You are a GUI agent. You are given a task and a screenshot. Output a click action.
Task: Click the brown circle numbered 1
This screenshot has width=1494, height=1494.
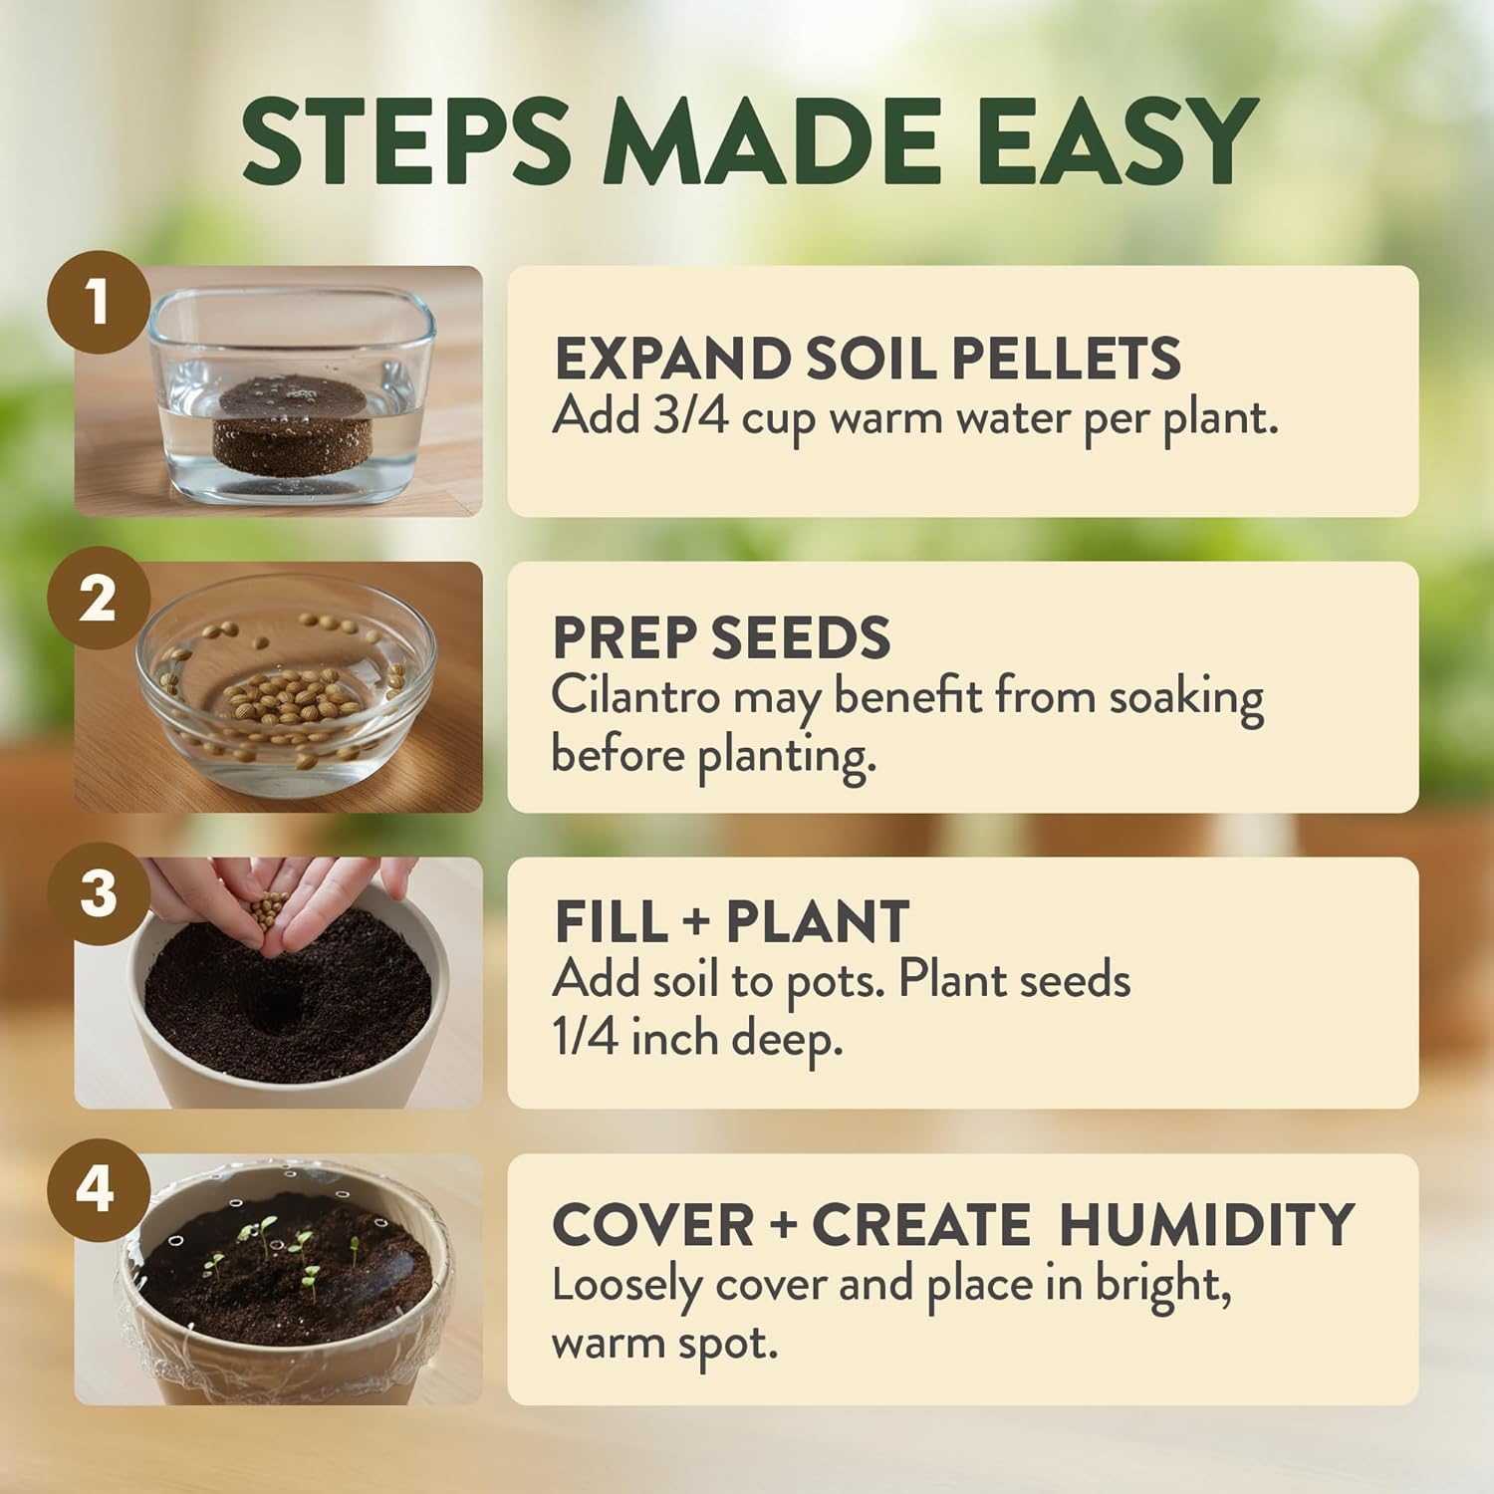(x=97, y=302)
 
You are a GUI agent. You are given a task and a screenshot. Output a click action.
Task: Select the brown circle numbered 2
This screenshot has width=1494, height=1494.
(x=98, y=599)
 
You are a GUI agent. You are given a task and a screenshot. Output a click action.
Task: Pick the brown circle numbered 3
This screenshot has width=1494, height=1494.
(x=98, y=893)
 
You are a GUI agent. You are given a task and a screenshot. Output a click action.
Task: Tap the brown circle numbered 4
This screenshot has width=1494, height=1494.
(x=97, y=1189)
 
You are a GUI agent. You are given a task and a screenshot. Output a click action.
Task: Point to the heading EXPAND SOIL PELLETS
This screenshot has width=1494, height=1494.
(x=867, y=359)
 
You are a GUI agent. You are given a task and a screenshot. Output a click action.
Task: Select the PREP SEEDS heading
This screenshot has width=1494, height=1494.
(x=721, y=637)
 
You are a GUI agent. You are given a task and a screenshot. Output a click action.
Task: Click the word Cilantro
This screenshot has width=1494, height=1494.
(x=634, y=696)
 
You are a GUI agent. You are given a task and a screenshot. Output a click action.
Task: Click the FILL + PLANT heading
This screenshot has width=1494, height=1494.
(x=731, y=921)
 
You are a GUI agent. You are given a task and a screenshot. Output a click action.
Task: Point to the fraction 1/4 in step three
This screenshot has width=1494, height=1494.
(x=585, y=1039)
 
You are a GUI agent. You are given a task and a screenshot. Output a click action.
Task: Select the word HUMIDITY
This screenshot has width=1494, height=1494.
(x=1206, y=1225)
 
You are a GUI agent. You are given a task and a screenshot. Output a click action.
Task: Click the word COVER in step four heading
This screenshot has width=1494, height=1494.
(x=652, y=1225)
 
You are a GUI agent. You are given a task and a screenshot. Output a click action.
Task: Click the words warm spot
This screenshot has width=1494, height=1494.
(x=663, y=1345)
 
